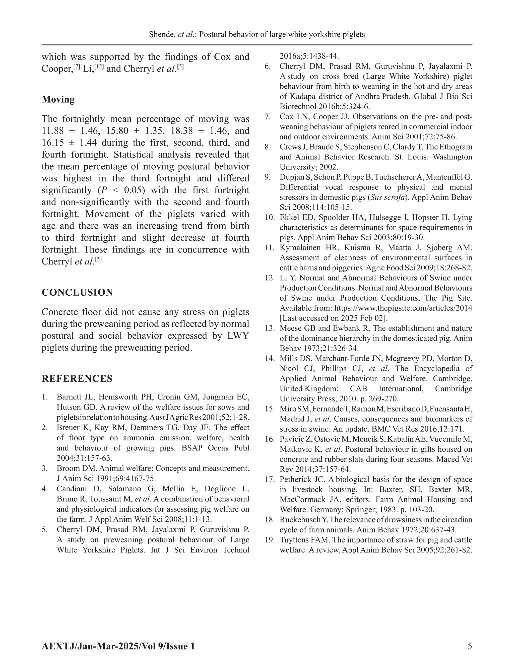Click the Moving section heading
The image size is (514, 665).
58,100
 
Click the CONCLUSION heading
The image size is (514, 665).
77,292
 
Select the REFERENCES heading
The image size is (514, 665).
77,378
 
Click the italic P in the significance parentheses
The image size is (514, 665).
104,190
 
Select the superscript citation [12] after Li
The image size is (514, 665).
100,66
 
